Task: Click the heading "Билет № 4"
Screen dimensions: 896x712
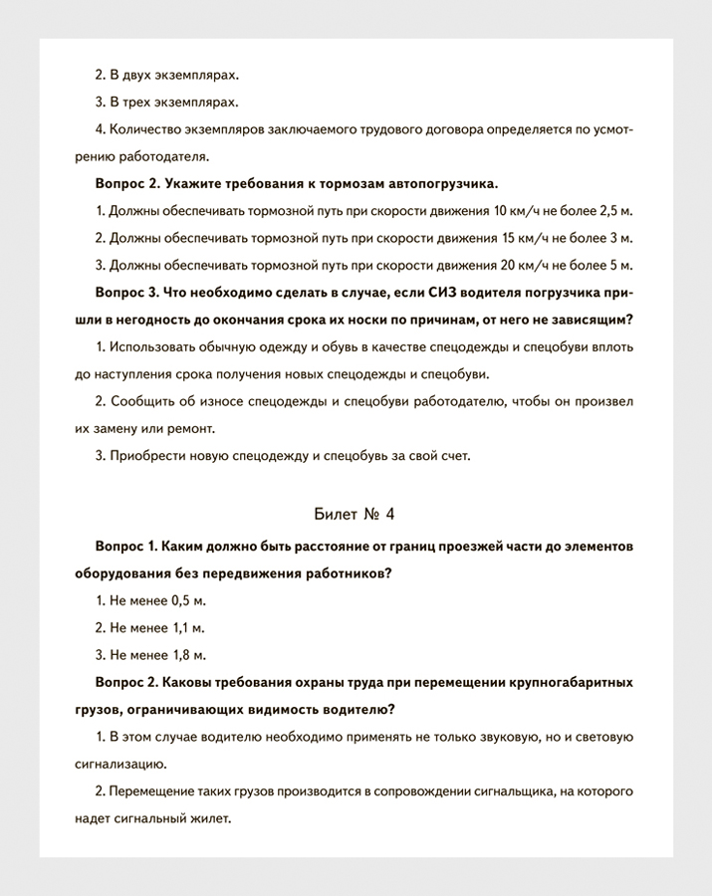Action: (355, 514)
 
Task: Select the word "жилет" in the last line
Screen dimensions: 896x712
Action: (210, 818)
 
